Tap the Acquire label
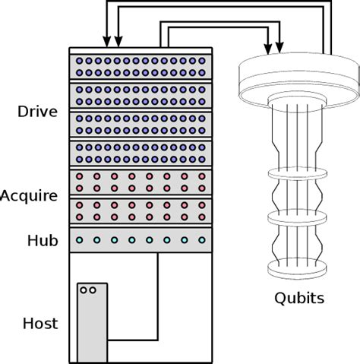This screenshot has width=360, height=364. click(29, 196)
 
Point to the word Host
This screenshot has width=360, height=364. click(39, 324)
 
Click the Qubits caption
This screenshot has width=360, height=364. click(298, 298)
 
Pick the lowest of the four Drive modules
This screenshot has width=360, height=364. click(141, 153)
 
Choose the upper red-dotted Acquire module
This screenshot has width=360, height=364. click(141, 182)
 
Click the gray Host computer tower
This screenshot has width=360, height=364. click(92, 323)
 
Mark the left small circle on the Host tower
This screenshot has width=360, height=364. click(84, 290)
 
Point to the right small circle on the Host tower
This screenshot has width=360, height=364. click(93, 290)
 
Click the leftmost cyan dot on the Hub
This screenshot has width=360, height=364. click(79, 239)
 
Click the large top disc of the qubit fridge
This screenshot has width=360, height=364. click(298, 72)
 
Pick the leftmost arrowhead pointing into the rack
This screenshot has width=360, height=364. click(105, 43)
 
